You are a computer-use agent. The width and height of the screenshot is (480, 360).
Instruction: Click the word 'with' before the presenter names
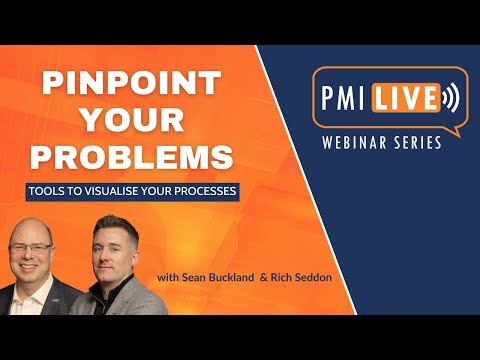point(166,276)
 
